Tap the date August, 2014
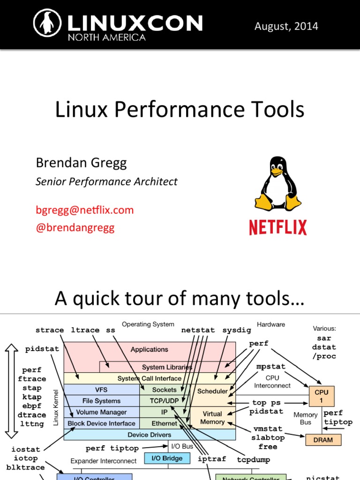286,26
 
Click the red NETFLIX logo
277,227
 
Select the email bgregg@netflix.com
85,210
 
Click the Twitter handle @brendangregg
75,228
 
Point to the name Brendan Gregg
81,163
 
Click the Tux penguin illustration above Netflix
278,184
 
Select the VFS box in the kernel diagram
101,390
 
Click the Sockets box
164,390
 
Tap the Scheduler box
212,391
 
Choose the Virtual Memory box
212,418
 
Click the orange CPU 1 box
322,396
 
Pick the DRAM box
323,440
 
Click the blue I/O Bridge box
167,458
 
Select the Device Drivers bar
150,435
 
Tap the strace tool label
50,330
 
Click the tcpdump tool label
253,460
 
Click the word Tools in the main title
277,110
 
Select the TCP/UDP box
164,401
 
